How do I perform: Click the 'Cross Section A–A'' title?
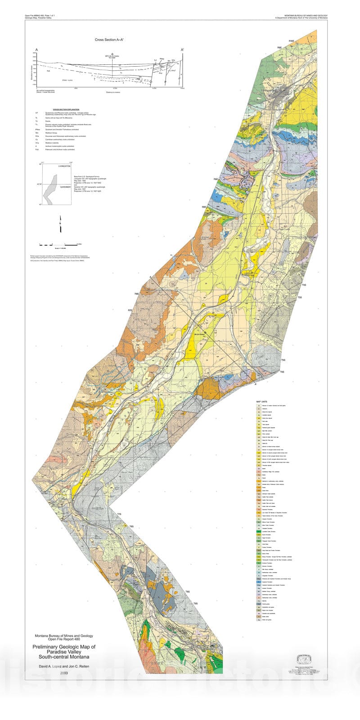109,40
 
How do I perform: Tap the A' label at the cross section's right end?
182,49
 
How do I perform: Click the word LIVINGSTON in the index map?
64,166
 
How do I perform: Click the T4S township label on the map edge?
304,285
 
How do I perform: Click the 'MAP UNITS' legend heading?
262,401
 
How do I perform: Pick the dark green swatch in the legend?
259,531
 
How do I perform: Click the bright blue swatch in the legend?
259,581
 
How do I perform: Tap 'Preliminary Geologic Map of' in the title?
64,647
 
